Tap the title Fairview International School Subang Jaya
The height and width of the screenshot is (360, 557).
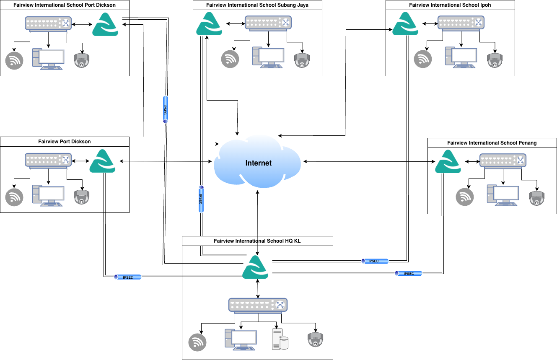coord(257,5)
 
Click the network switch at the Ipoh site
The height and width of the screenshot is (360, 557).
coord(461,23)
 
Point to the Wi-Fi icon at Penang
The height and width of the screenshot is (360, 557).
coord(464,197)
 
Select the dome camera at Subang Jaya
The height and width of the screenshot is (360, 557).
coord(301,60)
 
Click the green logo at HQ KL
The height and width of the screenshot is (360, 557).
coord(255,267)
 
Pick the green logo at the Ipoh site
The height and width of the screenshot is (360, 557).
coord(405,24)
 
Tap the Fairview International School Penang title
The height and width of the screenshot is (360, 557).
coord(492,143)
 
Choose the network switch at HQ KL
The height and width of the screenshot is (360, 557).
coord(258,306)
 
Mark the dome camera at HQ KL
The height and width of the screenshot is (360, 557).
coord(315,339)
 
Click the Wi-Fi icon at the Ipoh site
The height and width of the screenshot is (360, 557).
coord(422,59)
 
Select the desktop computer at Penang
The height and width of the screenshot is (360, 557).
coord(503,195)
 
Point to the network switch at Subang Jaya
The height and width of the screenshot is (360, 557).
coord(268,23)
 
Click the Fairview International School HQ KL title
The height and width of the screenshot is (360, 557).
coord(257,241)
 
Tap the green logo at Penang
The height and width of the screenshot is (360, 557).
coord(448,162)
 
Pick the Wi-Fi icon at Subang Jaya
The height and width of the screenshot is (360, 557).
coord(230,59)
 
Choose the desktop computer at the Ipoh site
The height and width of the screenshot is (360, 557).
coord(461,57)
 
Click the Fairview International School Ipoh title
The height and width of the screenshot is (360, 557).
coord(450,5)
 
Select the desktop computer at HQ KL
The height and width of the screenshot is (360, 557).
coord(241,339)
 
